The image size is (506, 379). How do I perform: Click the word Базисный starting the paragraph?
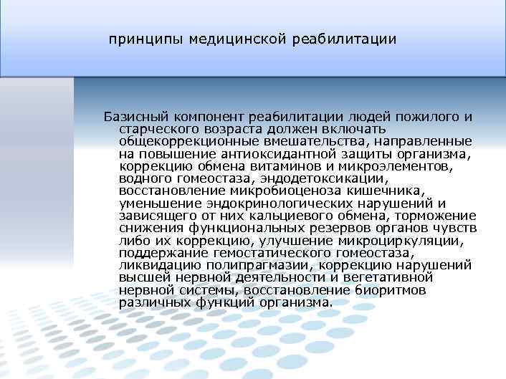133,117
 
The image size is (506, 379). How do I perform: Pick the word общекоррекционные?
189,141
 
